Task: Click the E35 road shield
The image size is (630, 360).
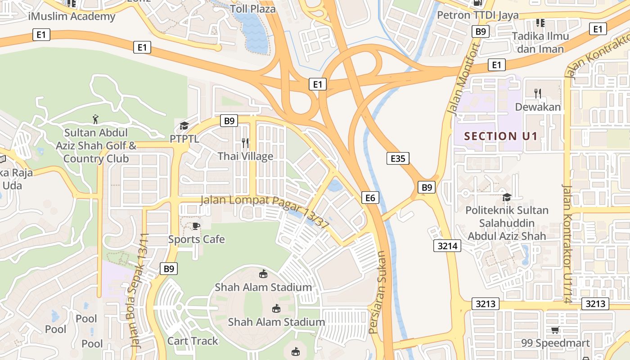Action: (x=398, y=158)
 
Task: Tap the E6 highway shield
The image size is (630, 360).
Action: (x=370, y=197)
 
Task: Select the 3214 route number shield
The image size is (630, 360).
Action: (x=447, y=246)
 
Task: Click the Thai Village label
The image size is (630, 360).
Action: (x=245, y=156)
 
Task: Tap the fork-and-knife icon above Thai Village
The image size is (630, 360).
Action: (x=245, y=143)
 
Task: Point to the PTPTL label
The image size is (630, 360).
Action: (x=184, y=138)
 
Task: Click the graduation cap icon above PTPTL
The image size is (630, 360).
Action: (x=184, y=126)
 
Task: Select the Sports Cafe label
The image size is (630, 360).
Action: (x=196, y=239)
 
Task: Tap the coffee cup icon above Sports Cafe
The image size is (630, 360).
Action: (x=196, y=225)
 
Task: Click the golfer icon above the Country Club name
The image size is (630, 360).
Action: (x=95, y=119)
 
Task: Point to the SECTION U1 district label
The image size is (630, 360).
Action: (x=501, y=136)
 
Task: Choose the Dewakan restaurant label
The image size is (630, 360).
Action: (x=538, y=107)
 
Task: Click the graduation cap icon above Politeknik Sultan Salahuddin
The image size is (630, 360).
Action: (x=507, y=197)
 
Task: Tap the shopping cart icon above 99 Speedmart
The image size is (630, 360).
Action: (x=555, y=330)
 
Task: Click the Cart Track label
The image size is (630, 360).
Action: (x=193, y=341)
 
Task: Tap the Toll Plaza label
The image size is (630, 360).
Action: (x=252, y=9)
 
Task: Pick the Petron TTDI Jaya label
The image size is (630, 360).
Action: (x=478, y=15)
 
